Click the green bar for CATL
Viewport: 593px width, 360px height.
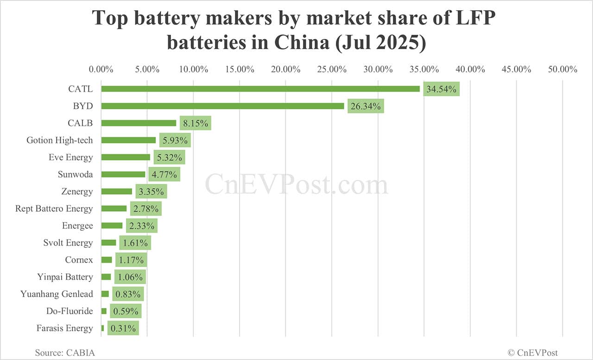click(260, 89)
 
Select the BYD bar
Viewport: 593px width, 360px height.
click(222, 106)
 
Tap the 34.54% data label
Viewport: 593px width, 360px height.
click(441, 89)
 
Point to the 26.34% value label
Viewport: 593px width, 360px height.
click(366, 107)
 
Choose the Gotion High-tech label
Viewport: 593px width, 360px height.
click(59, 140)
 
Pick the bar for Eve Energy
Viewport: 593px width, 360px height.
click(126, 157)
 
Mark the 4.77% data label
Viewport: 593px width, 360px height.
click(164, 175)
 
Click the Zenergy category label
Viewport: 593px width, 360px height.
click(77, 191)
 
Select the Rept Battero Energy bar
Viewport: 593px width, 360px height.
click(114, 208)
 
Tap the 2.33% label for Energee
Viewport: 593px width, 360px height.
click(141, 226)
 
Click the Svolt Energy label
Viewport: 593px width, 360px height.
click(68, 243)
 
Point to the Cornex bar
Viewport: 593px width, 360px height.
click(107, 260)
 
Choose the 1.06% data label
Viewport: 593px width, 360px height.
click(130, 277)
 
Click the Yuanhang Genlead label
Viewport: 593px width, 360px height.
click(57, 294)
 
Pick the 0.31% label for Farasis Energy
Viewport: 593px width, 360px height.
click(123, 328)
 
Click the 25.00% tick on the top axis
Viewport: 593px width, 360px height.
click(332, 69)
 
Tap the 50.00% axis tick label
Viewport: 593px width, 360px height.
click(562, 69)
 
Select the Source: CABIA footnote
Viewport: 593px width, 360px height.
click(65, 353)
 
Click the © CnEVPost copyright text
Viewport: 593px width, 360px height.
click(533, 353)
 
